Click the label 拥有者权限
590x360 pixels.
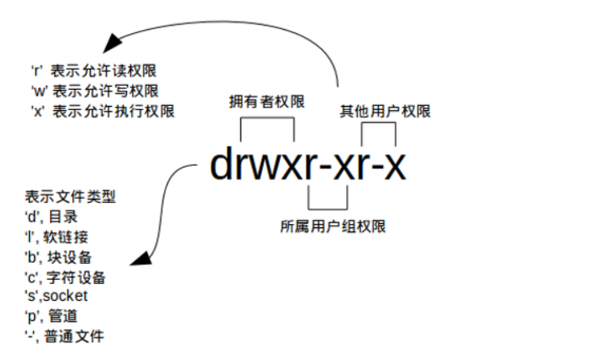tap(267, 102)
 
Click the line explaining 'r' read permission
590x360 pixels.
tap(101, 70)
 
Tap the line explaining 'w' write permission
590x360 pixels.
tap(101, 89)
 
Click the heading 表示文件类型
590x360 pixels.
tap(70, 196)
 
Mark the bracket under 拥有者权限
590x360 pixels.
tap(267, 121)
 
